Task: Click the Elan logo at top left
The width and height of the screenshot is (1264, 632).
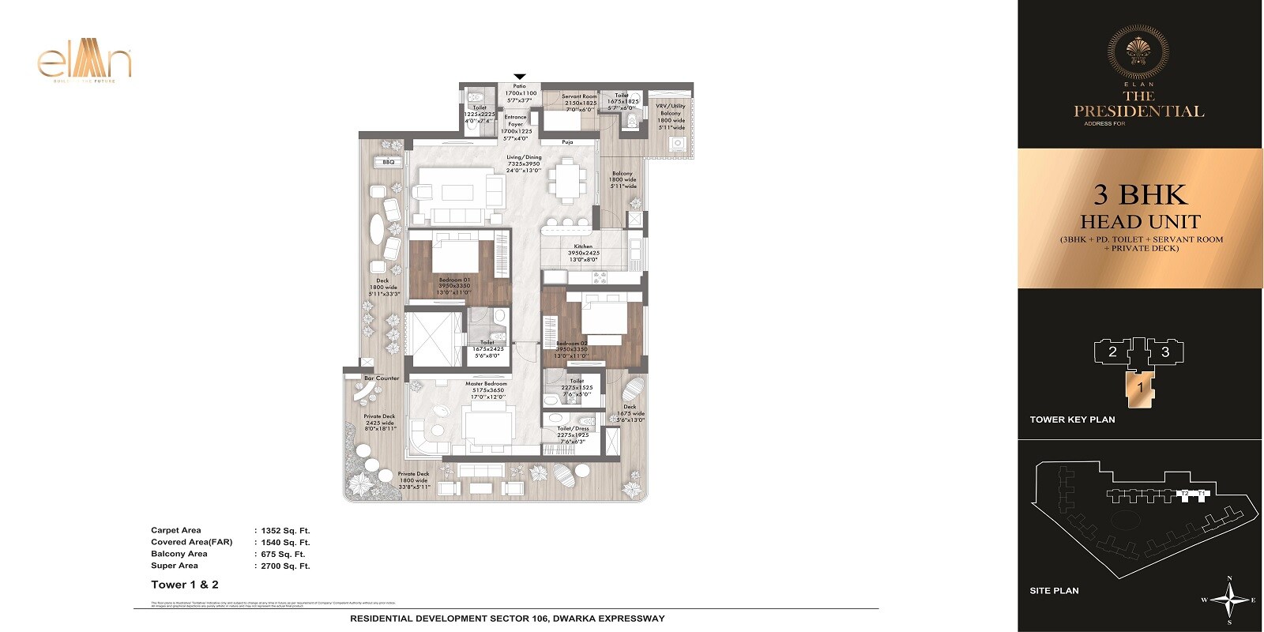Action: click(x=85, y=63)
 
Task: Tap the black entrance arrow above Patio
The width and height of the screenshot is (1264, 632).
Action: click(x=520, y=77)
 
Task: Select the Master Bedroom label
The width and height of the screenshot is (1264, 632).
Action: click(x=486, y=384)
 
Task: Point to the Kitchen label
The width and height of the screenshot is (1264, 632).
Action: click(x=584, y=246)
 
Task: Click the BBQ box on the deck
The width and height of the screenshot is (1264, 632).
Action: click(x=388, y=162)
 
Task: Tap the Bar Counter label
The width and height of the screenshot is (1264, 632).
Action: click(x=382, y=378)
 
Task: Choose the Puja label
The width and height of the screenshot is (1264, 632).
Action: click(x=567, y=142)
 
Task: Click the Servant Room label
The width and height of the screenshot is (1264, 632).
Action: click(x=579, y=96)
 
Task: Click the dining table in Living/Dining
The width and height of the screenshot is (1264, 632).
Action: click(x=566, y=181)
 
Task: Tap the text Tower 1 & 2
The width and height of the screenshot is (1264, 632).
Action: click(x=185, y=585)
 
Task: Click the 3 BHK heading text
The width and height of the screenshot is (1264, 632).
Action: click(x=1140, y=194)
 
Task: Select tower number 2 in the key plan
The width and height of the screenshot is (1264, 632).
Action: click(x=1112, y=352)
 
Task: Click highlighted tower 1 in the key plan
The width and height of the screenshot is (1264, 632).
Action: click(x=1140, y=388)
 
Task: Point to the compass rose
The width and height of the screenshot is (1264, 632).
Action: click(x=1228, y=600)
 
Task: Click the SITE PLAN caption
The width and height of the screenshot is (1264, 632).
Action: click(x=1054, y=591)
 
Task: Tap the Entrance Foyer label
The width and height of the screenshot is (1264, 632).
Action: click(x=516, y=121)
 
